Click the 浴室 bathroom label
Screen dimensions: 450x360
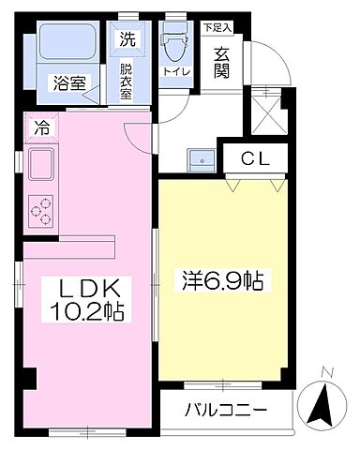pyautogui.click(x=67, y=82)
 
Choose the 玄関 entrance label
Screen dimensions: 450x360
pyautogui.click(x=222, y=64)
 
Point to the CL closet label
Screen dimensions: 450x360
pyautogui.click(x=255, y=159)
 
